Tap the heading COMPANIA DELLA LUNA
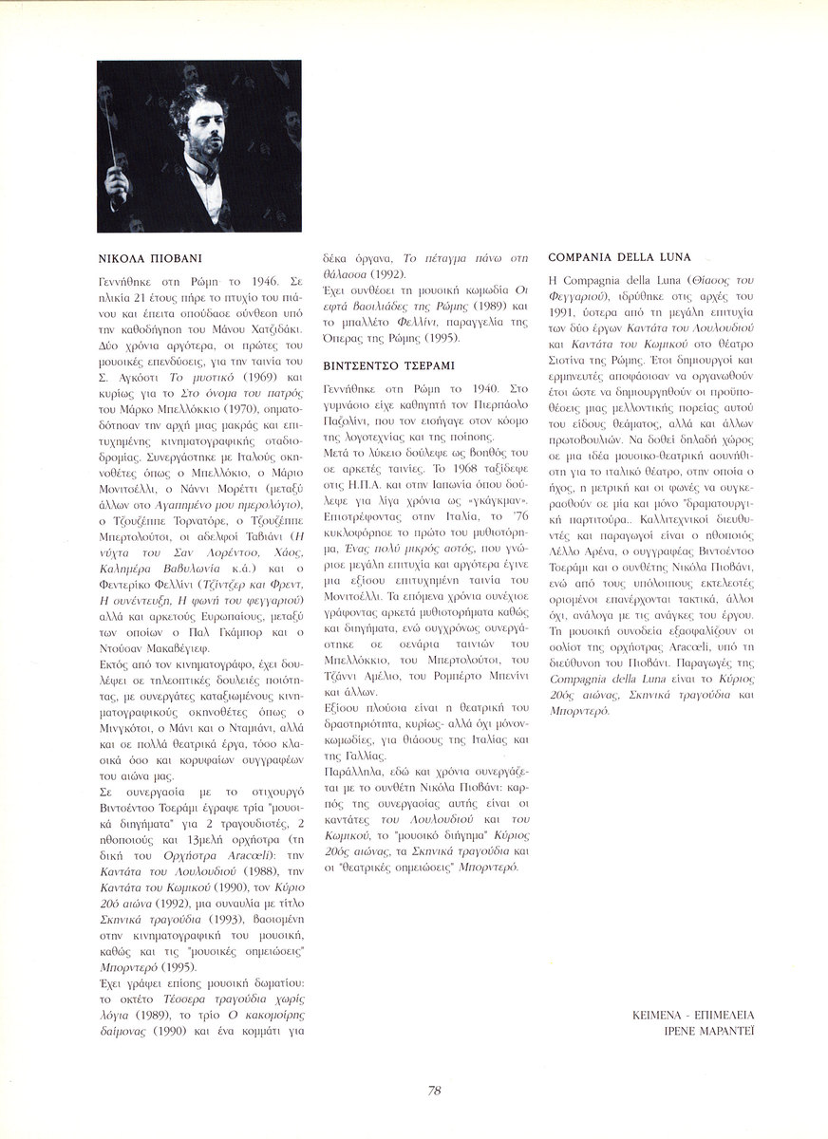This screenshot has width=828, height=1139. click(x=619, y=257)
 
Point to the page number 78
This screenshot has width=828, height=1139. click(x=434, y=1090)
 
